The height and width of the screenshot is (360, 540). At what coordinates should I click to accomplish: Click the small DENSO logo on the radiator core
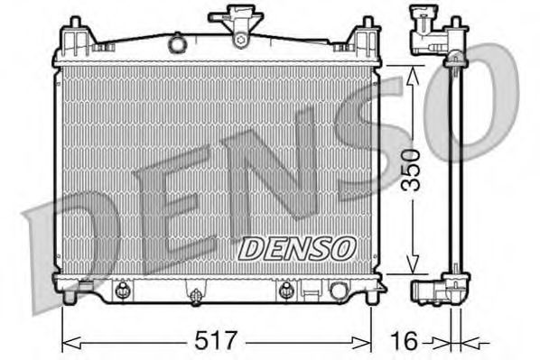[297, 245]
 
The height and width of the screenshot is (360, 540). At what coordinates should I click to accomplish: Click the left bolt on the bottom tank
[122, 290]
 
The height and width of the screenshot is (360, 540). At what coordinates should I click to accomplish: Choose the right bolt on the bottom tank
[285, 290]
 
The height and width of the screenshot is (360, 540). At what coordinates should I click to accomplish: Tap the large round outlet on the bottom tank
[340, 291]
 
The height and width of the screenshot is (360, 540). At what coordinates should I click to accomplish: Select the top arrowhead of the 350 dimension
[414, 69]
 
